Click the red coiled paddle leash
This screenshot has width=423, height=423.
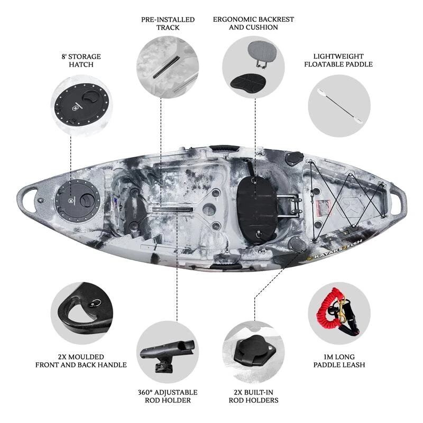325,310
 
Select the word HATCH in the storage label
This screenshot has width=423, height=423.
81,65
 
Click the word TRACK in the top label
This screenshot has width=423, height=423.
168,27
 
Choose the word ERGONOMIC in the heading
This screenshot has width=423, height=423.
234,20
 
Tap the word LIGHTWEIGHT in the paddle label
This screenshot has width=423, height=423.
338,57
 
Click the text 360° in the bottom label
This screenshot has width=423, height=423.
146,392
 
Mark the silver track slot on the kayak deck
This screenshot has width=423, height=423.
173,209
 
